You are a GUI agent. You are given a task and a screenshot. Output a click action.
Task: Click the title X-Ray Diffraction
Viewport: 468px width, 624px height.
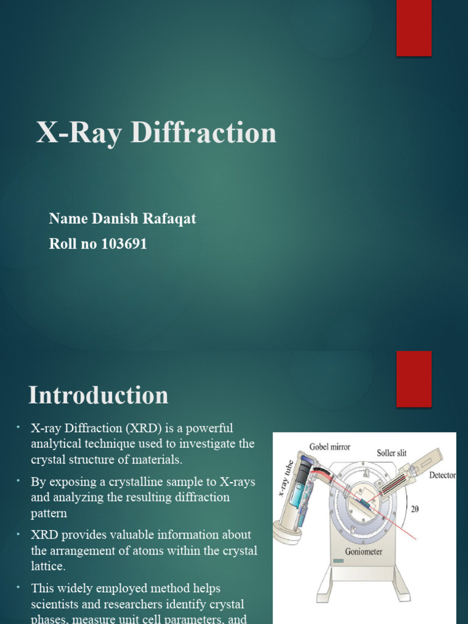[156, 133]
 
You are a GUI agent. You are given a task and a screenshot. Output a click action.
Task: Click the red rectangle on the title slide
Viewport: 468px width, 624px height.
[414, 28]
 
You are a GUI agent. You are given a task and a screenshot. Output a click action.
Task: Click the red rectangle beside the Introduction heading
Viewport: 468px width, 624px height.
[414, 378]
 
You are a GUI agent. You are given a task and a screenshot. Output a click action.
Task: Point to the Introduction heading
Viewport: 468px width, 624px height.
[98, 395]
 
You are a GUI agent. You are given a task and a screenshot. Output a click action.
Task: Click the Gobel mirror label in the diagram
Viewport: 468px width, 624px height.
[330, 447]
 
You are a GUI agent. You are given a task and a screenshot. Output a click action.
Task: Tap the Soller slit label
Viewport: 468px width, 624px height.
[391, 453]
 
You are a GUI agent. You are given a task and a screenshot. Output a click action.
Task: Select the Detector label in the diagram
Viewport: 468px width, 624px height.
[442, 475]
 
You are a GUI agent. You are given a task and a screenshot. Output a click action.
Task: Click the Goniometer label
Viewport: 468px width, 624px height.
[364, 551]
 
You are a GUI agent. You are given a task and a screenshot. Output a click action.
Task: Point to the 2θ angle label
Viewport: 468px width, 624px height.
[414, 509]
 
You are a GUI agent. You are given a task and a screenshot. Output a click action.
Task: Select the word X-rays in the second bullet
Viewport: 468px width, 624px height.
[235, 482]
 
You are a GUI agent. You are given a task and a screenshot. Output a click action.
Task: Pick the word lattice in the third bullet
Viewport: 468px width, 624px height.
[48, 566]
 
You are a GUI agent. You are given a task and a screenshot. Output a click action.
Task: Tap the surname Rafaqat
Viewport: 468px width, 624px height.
[169, 219]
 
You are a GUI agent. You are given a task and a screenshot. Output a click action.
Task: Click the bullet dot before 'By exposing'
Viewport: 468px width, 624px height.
[18, 481]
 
